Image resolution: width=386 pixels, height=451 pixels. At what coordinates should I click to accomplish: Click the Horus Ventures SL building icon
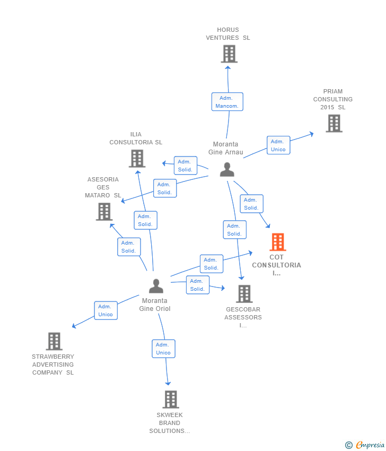pos(229,54)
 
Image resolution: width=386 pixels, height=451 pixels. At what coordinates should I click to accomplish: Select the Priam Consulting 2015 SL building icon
pos(334,124)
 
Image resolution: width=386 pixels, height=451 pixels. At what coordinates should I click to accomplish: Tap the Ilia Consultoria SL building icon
pos(137,158)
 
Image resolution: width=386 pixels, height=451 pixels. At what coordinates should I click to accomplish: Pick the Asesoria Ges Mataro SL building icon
pos(104,212)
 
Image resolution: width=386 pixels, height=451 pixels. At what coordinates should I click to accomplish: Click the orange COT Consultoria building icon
pos(277,242)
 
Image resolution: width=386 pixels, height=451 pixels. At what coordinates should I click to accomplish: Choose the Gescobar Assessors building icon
pos(244,293)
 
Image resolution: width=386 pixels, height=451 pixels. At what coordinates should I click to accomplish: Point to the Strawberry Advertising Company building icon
pos(54,341)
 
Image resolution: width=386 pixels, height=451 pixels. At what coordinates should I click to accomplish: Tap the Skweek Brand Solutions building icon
pos(170,399)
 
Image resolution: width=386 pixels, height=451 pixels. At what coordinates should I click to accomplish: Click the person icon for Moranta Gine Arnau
pos(227,169)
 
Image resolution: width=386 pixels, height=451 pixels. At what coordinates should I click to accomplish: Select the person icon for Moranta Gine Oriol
pos(156,286)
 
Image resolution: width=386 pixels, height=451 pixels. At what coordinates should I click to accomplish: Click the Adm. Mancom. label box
pos(227,102)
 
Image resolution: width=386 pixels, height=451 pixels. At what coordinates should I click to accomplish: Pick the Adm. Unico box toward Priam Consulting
pos(278,145)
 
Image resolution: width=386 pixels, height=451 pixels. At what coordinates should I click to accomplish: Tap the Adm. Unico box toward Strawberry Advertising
pos(106,310)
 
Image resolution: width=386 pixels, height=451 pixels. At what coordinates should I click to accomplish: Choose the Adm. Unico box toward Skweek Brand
pos(163,349)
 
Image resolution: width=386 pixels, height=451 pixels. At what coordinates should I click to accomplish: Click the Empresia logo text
pos(370,445)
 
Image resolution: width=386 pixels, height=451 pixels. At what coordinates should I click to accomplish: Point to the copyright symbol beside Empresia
pos(349,445)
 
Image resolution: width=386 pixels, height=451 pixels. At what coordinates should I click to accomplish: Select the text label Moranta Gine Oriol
pos(155,305)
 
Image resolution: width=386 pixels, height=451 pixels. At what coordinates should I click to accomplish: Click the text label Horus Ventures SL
pos(228,34)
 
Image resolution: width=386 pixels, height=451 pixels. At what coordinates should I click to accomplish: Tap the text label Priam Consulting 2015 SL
pos(332,99)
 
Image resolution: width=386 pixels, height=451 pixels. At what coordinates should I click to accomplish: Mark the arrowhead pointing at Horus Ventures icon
pos(228,65)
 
